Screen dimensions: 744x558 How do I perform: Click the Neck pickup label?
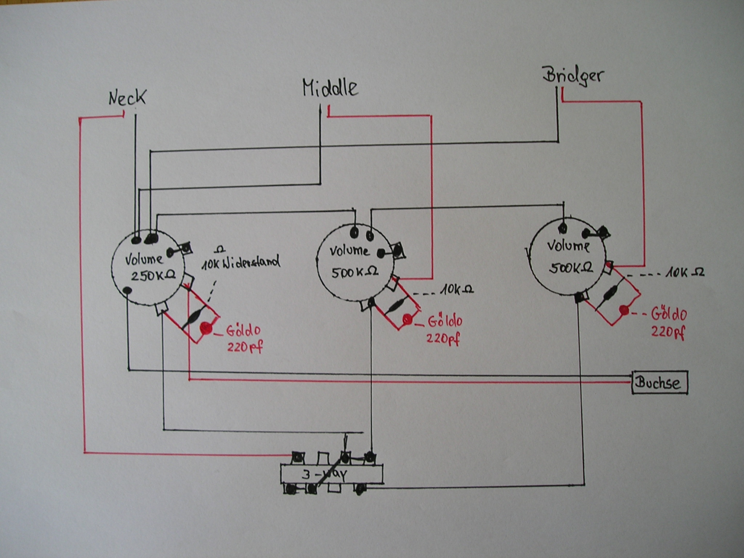(x=127, y=98)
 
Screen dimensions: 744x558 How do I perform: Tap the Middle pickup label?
(x=330, y=88)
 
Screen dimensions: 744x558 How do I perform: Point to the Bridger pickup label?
(x=573, y=75)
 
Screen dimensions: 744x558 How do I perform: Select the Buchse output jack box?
(x=660, y=382)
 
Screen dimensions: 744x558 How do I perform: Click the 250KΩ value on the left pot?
(x=153, y=276)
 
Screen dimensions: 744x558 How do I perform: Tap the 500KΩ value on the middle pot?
(x=354, y=271)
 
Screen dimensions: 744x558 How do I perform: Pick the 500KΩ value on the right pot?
(x=571, y=268)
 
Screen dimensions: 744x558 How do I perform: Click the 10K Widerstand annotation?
(x=241, y=262)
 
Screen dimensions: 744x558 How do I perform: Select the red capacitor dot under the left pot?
(x=205, y=328)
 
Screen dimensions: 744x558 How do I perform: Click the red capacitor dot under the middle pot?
(x=407, y=319)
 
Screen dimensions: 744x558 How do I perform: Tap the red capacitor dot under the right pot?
(x=624, y=310)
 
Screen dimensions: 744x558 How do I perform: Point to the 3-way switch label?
(x=324, y=474)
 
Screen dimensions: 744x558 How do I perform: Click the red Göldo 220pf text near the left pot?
(x=244, y=338)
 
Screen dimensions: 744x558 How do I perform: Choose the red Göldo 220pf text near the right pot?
(x=668, y=323)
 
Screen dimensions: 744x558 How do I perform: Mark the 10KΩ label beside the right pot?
(x=685, y=273)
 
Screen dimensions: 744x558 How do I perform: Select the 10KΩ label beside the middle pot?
(x=456, y=289)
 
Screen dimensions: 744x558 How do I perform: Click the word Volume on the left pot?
(x=144, y=259)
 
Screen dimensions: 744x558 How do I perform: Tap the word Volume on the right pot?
(x=568, y=245)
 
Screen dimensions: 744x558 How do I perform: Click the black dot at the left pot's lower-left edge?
(x=127, y=289)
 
